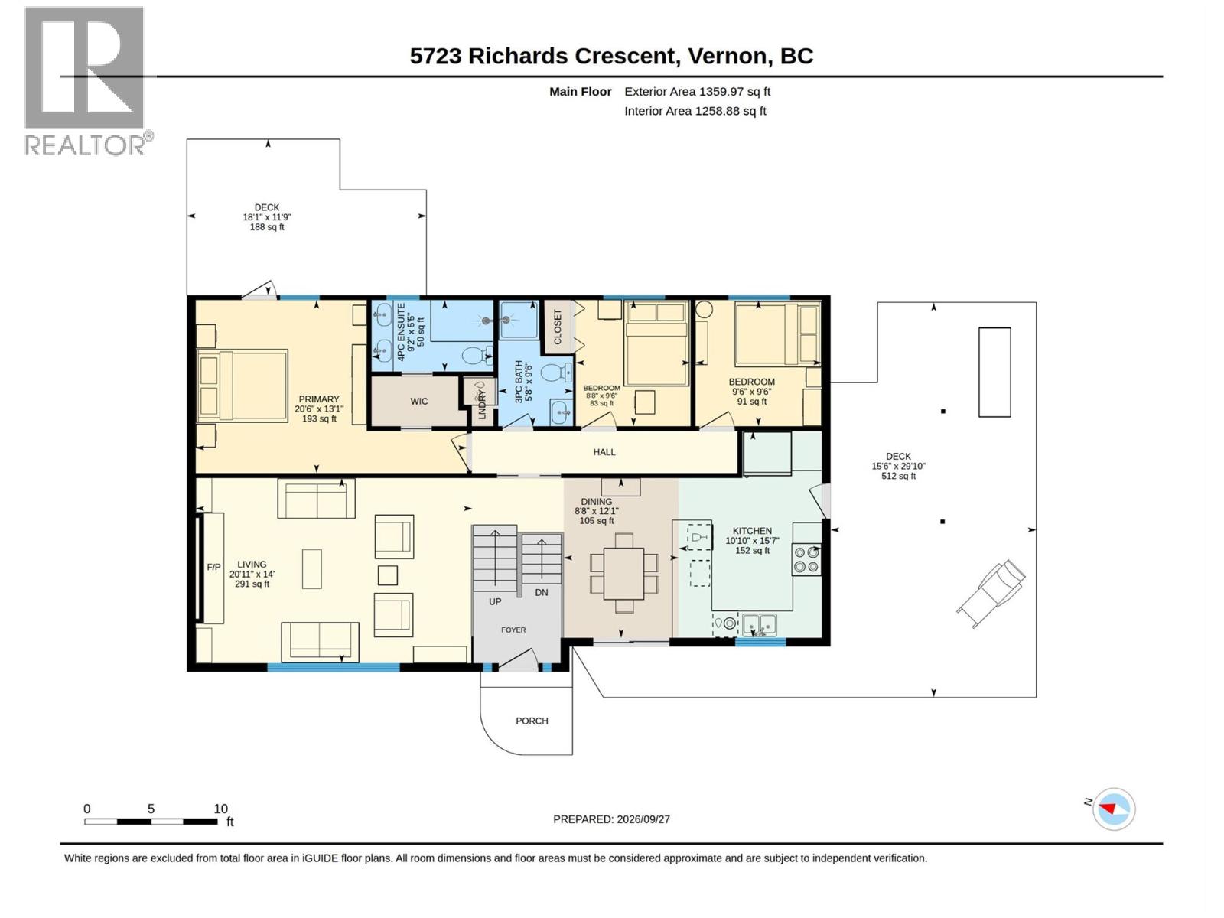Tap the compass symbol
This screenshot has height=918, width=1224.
pos(1113,809)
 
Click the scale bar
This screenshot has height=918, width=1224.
pos(151,822)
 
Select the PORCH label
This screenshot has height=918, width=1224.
pos(532,721)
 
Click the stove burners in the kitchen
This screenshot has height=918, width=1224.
pos(806,560)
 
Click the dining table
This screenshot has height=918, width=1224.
pos(623,573)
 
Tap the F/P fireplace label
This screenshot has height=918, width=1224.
pos(213,567)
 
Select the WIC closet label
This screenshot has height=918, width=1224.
pos(418,402)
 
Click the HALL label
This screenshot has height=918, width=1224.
pos(604,452)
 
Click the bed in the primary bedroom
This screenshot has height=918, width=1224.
pos(242,385)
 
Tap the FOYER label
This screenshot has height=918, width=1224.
pos(513,630)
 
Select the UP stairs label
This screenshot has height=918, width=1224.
pos(495,601)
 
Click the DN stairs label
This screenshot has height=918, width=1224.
pos(542,592)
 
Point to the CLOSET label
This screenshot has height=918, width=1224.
pos(558,327)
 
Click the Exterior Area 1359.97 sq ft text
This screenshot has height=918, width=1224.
pos(697,91)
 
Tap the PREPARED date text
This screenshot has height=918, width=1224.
pos(611,819)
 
